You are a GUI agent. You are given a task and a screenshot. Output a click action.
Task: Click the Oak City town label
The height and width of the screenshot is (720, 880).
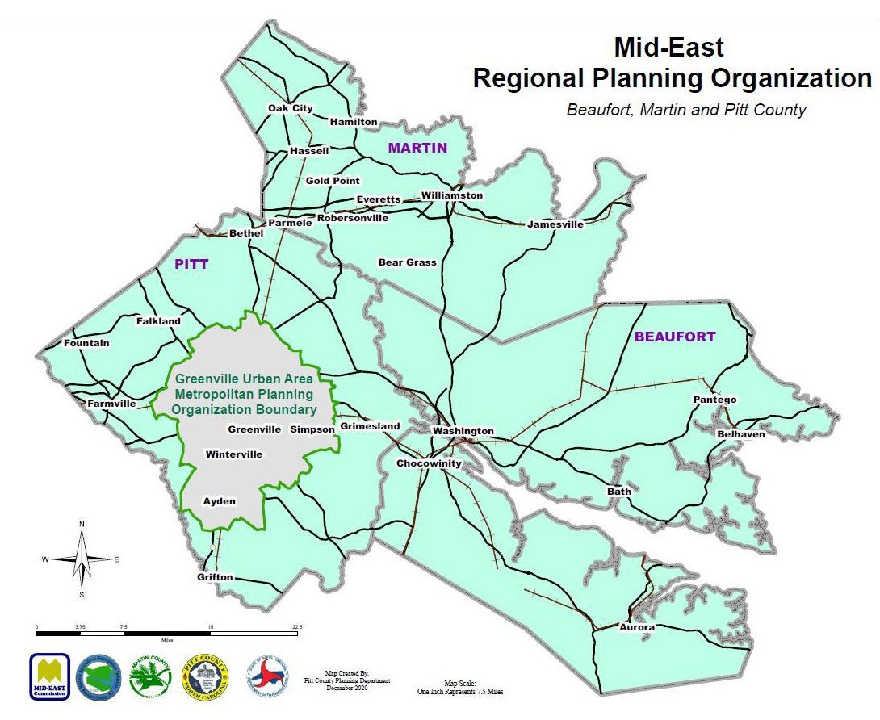pos(290,108)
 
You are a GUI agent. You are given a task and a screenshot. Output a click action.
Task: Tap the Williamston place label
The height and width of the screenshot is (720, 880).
pos(451,195)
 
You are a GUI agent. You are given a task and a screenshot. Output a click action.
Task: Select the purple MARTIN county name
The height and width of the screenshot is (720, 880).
pos(417,148)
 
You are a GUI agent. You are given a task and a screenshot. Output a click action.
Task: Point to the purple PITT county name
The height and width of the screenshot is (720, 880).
pos(191,264)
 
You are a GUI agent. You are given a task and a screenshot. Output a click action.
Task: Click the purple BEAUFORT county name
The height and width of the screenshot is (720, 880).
pos(674,337)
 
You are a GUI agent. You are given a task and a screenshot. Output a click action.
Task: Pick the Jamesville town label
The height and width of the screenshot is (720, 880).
pos(555,224)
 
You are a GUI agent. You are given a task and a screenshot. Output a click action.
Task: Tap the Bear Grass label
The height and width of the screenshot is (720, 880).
pos(407,262)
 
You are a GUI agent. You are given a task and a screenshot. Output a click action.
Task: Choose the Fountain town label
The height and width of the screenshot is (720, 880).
pos(86,343)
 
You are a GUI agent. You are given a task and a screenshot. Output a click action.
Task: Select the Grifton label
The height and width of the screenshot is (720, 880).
pos(215,577)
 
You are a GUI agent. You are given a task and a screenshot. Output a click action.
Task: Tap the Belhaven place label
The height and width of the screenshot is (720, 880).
pos(740,434)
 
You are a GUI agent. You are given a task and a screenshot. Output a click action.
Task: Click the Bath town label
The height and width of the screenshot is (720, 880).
pos(619,491)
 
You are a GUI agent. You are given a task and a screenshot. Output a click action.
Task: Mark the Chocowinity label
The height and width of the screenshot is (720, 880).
pos(428,463)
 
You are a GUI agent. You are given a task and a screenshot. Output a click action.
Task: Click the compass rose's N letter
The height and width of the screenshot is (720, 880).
pos(82,525)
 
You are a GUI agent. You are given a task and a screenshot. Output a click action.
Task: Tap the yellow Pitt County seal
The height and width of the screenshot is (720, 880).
pos(205,676)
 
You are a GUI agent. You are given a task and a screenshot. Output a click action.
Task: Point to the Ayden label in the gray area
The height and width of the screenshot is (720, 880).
pos(219,501)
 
